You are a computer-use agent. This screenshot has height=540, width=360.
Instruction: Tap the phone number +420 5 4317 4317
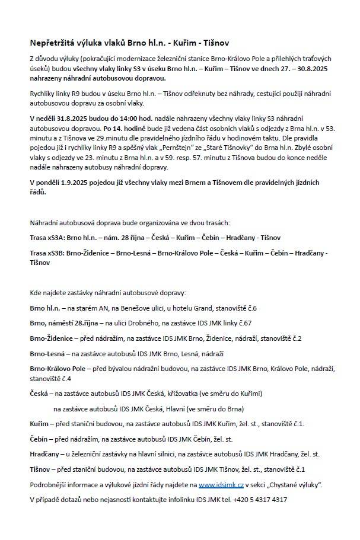click(263, 499)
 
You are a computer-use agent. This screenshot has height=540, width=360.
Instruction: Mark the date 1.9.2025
click(82, 181)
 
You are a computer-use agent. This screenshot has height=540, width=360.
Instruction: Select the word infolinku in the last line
click(179, 499)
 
